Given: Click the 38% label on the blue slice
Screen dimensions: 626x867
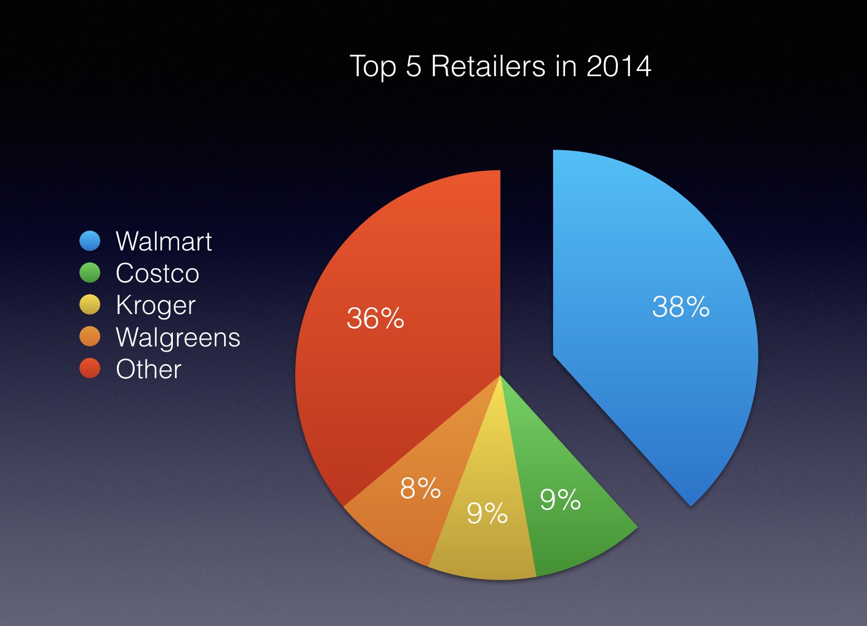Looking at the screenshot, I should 681,307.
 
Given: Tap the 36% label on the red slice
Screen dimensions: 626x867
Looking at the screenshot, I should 375,318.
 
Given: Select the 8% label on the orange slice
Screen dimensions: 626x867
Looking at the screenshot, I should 420,489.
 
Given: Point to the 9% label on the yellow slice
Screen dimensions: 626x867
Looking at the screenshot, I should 487,513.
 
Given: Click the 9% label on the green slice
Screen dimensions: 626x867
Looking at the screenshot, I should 560,500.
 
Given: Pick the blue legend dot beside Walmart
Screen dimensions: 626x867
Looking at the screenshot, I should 90,241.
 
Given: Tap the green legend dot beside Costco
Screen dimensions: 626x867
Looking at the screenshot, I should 90,273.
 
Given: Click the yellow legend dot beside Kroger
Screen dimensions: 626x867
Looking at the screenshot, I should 90,305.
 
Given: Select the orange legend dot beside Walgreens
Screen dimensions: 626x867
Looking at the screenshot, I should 90,337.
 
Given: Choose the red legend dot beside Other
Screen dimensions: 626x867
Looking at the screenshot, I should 90,369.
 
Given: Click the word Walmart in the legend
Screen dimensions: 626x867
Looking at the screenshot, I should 163,242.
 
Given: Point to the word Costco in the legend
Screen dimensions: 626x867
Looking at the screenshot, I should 157,273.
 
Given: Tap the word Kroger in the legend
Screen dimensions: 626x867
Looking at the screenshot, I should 156,306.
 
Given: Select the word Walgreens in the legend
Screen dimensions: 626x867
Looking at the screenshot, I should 178,338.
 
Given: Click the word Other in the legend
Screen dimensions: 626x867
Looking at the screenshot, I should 148,369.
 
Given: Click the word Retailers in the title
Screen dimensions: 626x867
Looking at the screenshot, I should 488,66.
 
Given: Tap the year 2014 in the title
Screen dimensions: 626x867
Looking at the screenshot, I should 618,66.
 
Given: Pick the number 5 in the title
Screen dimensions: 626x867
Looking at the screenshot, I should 413,66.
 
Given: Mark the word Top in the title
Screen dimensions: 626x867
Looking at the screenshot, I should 372,67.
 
